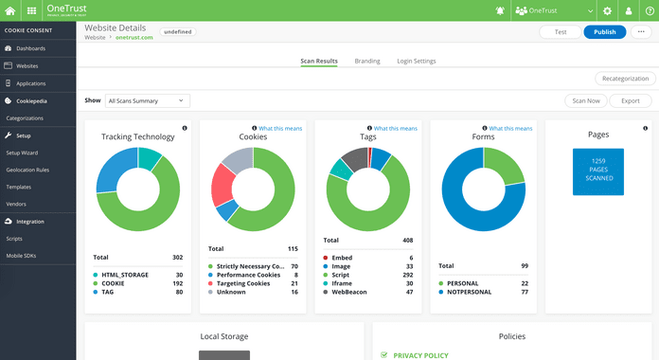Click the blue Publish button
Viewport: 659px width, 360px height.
pos(604,31)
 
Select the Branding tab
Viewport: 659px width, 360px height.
pos(367,61)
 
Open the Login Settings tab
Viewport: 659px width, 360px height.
pos(417,61)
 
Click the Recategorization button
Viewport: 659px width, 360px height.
pos(625,79)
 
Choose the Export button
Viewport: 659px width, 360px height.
pos(630,100)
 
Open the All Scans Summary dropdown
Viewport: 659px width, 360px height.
pos(147,100)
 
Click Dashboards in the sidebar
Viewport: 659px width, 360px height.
pos(30,47)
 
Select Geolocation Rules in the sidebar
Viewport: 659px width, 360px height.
pos(27,170)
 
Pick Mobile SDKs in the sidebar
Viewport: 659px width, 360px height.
pos(22,256)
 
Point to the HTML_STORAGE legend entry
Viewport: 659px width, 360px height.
pos(123,275)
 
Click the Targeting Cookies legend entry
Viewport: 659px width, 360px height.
pos(244,283)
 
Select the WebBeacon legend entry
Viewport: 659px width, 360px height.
pos(352,292)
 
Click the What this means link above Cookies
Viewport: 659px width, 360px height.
pos(280,128)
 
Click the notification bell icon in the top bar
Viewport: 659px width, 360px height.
pos(500,10)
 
